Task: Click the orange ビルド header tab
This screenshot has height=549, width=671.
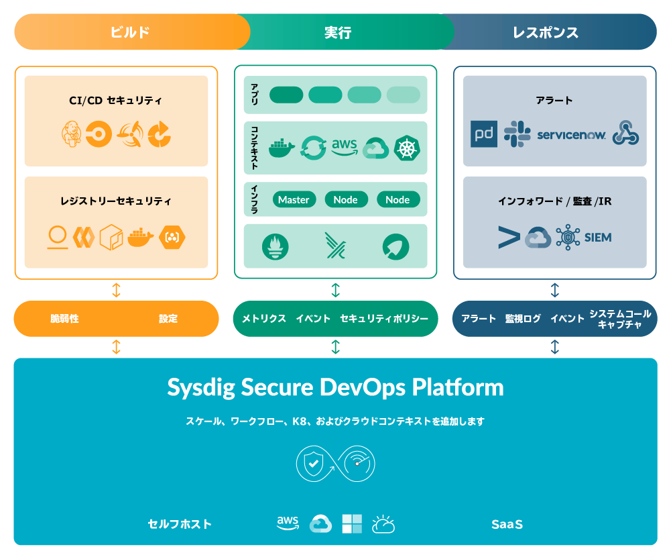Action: (x=130, y=32)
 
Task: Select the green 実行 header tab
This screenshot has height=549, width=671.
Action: (x=337, y=32)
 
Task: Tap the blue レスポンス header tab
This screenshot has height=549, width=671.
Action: (x=545, y=32)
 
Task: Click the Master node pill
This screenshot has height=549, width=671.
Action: (x=294, y=199)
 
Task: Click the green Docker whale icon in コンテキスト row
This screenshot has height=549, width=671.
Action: (x=282, y=148)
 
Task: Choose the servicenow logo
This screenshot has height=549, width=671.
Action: (x=572, y=135)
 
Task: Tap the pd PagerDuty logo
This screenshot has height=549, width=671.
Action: (x=484, y=134)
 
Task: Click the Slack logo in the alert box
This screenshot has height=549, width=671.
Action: (x=517, y=134)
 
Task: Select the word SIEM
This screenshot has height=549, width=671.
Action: (x=598, y=238)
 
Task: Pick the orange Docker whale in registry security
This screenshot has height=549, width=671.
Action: (x=141, y=236)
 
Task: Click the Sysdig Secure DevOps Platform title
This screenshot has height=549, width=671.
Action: (x=335, y=387)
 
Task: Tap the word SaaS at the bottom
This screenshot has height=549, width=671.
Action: (x=507, y=524)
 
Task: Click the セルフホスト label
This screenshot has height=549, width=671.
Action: (x=180, y=524)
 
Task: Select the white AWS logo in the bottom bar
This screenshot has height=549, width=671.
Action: (x=288, y=523)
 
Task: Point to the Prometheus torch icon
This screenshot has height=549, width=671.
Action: (x=276, y=246)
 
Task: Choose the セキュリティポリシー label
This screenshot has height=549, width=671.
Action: (x=384, y=319)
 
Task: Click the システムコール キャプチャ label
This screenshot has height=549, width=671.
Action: (x=620, y=319)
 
